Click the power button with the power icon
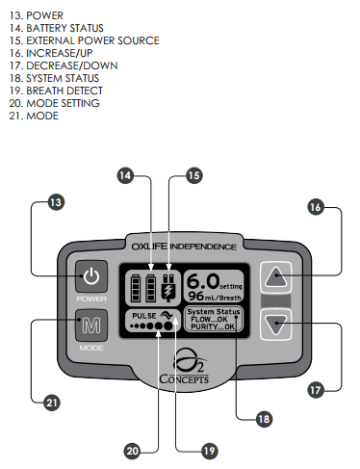point(90,278)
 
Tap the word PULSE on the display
point(143,314)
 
